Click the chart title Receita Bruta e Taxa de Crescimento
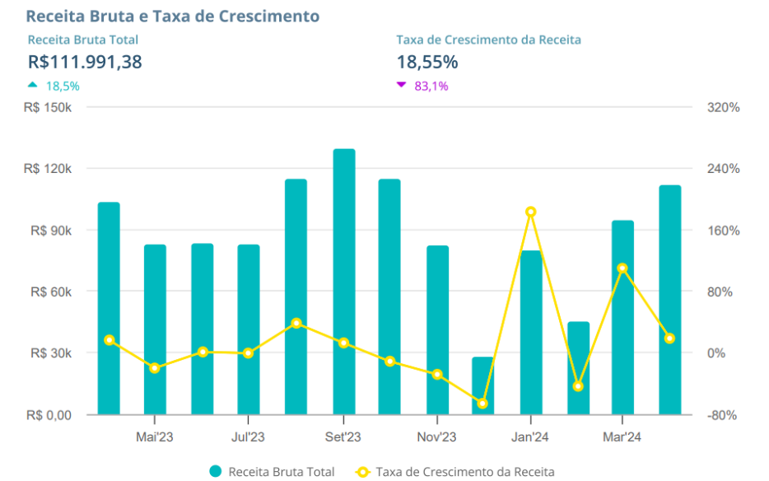point(173,16)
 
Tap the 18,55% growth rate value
point(427,62)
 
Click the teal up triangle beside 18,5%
point(33,85)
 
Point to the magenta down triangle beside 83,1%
point(401,85)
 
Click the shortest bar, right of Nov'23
point(482,385)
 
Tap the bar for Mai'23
point(155,329)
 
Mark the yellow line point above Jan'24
point(531,212)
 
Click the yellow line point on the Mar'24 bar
point(622,268)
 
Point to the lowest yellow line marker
point(482,404)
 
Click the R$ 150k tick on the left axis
point(49,108)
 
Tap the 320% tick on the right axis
point(723,108)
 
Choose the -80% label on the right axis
point(722,415)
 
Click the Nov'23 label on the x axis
point(436,437)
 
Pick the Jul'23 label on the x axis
point(248,437)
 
